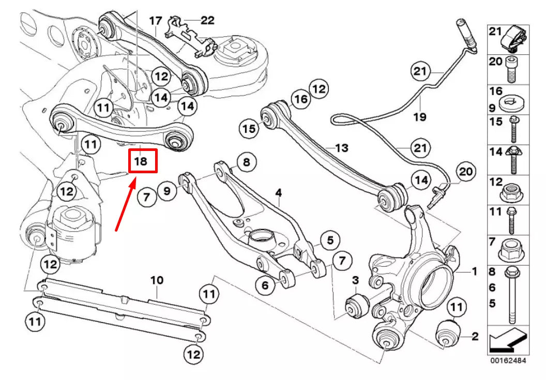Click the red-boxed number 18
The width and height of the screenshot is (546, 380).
(141, 161)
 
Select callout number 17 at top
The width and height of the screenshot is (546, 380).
(155, 21)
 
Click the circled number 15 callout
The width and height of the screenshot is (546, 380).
(250, 128)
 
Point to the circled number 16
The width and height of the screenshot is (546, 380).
(301, 99)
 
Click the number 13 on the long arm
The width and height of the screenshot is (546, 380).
(342, 148)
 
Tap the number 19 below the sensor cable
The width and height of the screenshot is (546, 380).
(420, 117)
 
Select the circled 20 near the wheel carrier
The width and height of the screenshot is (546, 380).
(465, 172)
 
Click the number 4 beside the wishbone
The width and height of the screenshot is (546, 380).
(278, 193)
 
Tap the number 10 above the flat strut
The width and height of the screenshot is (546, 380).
(157, 280)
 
